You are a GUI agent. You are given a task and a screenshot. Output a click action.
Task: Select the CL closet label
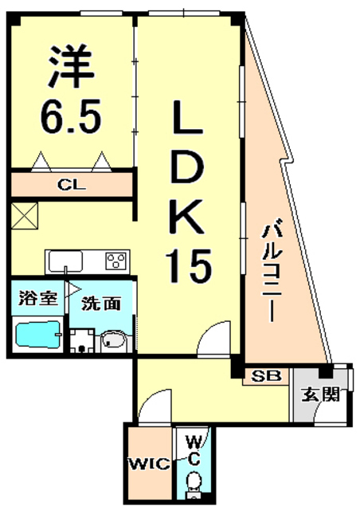[72, 185]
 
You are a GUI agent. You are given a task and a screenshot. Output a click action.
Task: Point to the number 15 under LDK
[189, 265]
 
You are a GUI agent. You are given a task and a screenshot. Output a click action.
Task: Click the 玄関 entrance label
[321, 393]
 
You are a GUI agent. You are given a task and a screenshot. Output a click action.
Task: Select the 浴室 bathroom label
[37, 299]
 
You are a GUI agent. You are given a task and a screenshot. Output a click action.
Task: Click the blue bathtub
[38, 334]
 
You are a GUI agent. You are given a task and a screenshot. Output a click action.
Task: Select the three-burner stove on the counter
[115, 260]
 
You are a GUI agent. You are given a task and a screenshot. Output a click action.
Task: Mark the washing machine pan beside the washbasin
[80, 341]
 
